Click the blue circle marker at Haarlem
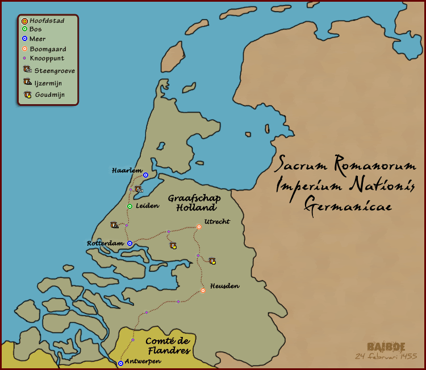(x=146, y=175)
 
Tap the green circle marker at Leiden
(x=130, y=206)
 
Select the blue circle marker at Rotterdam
(x=130, y=243)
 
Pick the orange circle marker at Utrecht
(x=199, y=227)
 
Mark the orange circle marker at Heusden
(x=203, y=290)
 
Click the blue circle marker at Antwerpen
(x=120, y=363)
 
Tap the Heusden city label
(x=224, y=285)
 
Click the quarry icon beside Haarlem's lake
(x=138, y=189)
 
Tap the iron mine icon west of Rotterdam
(x=114, y=225)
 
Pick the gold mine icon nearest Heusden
(x=212, y=261)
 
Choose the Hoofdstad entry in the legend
(x=47, y=20)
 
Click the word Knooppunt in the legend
(x=47, y=58)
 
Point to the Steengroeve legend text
(x=55, y=71)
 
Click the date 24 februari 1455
(x=386, y=356)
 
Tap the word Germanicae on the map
(x=347, y=205)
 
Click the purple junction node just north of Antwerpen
(x=133, y=340)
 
